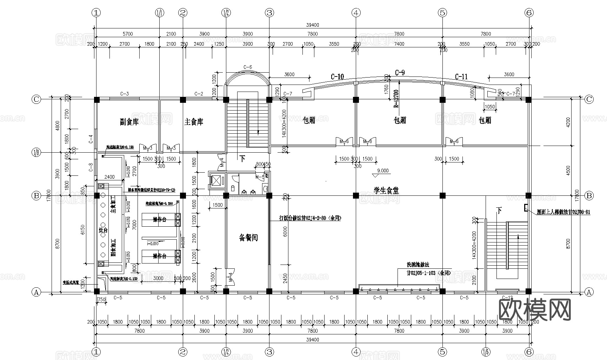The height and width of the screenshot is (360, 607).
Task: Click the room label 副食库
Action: (129, 122)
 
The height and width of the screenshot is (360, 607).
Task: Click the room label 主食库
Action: (194, 122)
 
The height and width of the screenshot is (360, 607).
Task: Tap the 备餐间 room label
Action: (248, 238)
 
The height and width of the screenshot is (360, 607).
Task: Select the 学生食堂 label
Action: (386, 191)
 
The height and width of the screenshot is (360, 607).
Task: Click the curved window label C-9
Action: (400, 73)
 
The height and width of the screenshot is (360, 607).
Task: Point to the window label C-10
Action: (337, 76)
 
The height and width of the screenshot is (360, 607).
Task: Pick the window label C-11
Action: (461, 76)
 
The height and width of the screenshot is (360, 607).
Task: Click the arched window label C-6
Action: (248, 67)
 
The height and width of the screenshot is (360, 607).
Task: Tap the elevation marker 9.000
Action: (382, 171)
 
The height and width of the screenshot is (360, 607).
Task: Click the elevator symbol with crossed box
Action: (217, 181)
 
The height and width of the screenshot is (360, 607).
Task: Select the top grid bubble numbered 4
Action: (356, 13)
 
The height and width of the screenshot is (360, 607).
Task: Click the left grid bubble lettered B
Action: (36, 196)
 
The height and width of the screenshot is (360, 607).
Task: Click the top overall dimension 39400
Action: (312, 25)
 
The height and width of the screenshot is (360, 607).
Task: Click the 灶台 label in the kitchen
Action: (103, 230)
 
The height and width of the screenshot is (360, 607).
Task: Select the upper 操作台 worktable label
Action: (159, 220)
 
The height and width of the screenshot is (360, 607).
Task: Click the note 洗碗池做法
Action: (418, 265)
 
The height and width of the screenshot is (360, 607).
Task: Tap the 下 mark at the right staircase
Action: (499, 211)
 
